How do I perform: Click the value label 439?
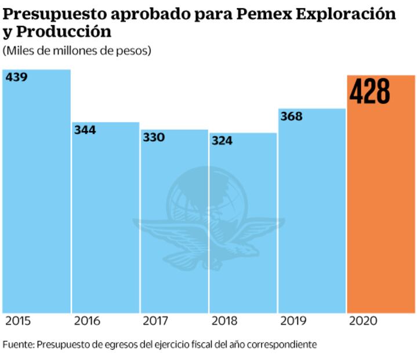[x=17, y=77]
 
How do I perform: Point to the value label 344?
[x=85, y=129]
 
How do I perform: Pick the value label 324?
[x=223, y=141]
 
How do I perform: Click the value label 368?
[x=291, y=116]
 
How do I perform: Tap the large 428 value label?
[x=369, y=92]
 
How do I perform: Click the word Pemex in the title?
[x=265, y=13]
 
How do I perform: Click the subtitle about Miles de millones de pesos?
[x=77, y=51]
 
